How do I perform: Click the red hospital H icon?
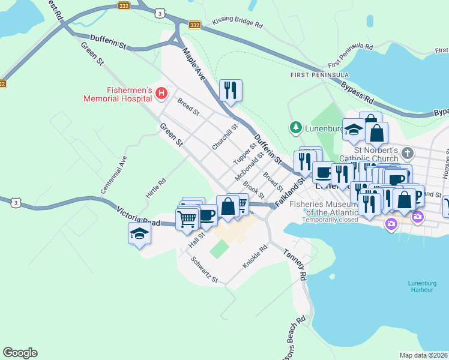(161, 93)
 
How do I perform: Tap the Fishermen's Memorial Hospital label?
(117, 94)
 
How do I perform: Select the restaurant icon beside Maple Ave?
(231, 91)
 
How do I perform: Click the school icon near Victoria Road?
(139, 233)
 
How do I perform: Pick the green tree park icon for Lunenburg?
(295, 127)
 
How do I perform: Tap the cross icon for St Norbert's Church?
(408, 152)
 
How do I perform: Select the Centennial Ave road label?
(114, 174)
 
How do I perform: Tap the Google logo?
(20, 353)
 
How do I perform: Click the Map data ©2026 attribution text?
(423, 355)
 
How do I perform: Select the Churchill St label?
(225, 137)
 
